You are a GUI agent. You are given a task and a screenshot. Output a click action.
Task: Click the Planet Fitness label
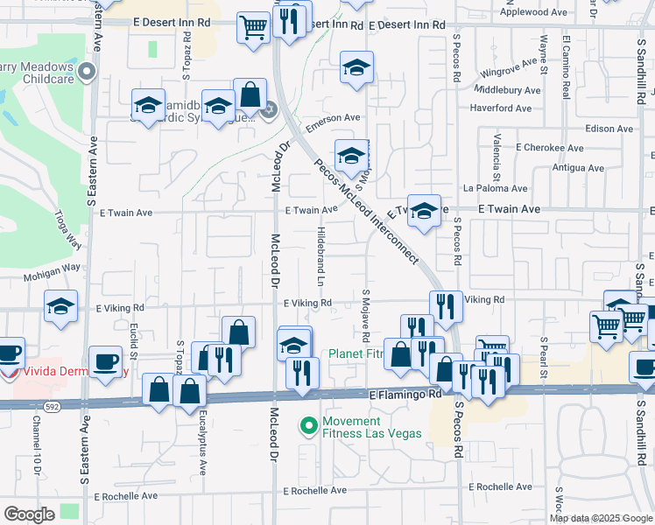pos(356,355)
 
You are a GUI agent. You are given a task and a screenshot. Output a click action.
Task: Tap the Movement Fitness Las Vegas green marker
pos(308,426)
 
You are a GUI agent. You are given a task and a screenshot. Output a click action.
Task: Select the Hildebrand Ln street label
pos(320,257)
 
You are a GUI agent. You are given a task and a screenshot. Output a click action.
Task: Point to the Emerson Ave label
pos(332,118)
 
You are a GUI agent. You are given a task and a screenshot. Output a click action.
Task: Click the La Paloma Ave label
pos(495,188)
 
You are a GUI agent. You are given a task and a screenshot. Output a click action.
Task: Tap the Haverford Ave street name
pos(501,108)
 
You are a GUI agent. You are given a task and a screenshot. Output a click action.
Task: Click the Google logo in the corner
pos(29,514)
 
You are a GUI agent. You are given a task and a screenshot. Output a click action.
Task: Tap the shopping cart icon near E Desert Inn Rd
pos(253,28)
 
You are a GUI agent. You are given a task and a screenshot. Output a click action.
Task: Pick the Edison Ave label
pos(609,129)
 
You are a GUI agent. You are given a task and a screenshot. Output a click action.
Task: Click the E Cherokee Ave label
pos(549,149)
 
